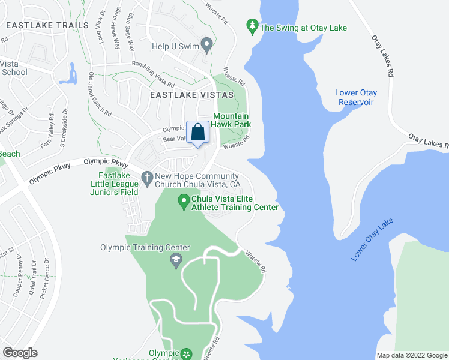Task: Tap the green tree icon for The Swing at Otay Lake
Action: click(x=253, y=26)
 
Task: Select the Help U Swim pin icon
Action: click(x=207, y=44)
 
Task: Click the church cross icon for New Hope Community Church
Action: click(x=148, y=176)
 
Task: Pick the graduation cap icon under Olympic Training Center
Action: click(x=176, y=260)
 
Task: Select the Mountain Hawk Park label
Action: click(x=232, y=120)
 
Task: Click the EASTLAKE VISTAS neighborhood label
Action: click(x=184, y=95)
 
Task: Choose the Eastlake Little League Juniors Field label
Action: click(x=114, y=183)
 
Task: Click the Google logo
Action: click(x=20, y=352)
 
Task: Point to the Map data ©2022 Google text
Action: click(x=412, y=355)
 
